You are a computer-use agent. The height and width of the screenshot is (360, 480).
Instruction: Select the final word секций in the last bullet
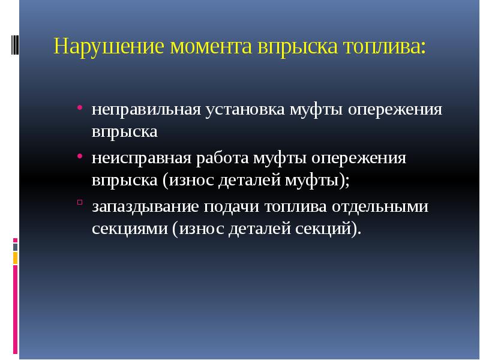326,229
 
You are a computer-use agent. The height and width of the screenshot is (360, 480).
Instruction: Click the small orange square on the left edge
16,258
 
